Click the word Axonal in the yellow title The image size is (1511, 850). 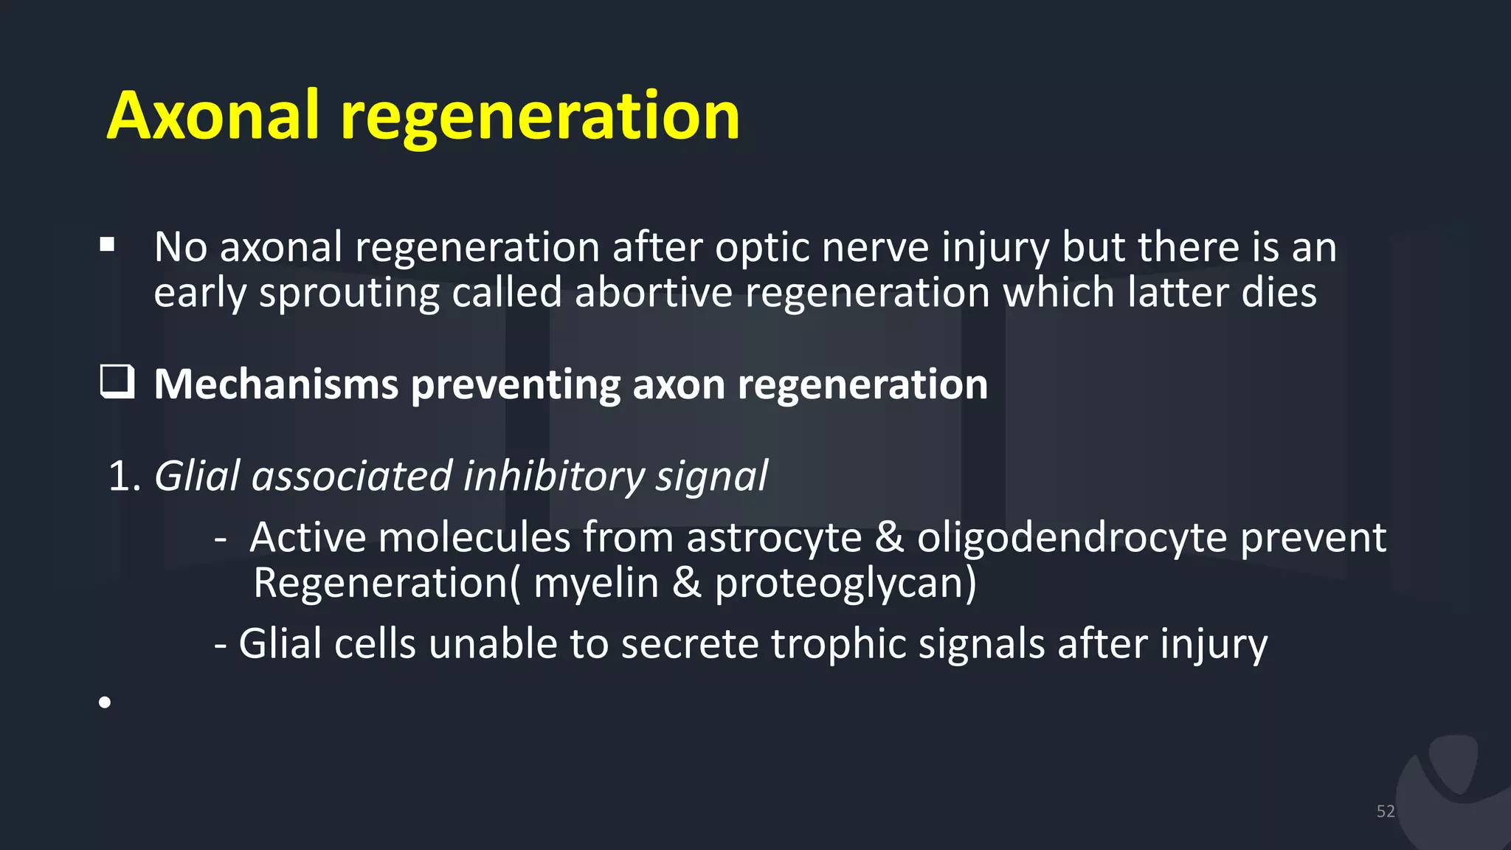coord(214,116)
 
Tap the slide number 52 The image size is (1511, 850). coord(1386,812)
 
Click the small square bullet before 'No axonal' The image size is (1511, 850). coord(107,245)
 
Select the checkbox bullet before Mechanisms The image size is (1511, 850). coord(117,382)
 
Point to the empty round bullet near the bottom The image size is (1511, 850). coord(105,702)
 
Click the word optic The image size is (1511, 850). coord(762,248)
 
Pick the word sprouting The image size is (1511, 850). coord(349,294)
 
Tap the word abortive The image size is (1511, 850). coord(654,292)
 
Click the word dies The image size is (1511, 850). coord(1279,292)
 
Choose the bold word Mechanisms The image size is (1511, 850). coord(276,384)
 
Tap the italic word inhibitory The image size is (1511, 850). coord(553,477)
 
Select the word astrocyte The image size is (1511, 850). coord(774,538)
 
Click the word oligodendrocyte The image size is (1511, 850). coord(1072,538)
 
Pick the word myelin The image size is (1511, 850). coord(596,584)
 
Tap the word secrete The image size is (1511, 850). coord(690,644)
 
